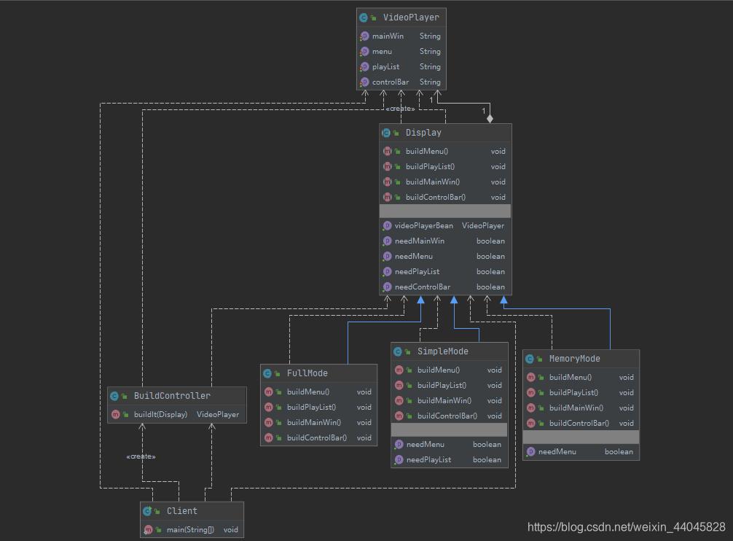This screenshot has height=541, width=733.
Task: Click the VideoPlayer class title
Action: point(410,17)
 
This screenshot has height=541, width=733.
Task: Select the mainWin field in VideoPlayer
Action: point(388,36)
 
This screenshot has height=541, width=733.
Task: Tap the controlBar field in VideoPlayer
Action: point(391,82)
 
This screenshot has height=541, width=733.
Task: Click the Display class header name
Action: point(423,133)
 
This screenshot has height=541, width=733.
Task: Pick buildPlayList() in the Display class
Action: point(430,167)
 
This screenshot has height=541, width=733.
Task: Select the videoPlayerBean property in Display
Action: point(423,226)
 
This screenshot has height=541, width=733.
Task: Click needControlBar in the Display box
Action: point(423,287)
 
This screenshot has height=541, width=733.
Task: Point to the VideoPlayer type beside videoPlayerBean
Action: point(483,226)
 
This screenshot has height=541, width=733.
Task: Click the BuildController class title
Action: point(172,396)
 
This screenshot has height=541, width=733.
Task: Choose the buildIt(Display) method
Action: point(160,415)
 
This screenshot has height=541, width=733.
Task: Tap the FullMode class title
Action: point(307,373)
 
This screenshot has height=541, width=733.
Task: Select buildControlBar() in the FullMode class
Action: point(317,438)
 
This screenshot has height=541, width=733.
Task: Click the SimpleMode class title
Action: point(442,351)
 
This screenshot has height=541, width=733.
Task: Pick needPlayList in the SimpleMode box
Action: point(428,460)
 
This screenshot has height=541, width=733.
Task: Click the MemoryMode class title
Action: point(574,359)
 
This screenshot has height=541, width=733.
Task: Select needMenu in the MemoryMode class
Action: point(557,452)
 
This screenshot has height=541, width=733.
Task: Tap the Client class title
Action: point(181,511)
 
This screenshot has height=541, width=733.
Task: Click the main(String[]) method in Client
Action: point(190,530)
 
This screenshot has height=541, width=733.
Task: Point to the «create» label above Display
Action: point(400,109)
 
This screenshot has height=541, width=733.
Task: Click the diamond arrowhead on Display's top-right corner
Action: point(490,118)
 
